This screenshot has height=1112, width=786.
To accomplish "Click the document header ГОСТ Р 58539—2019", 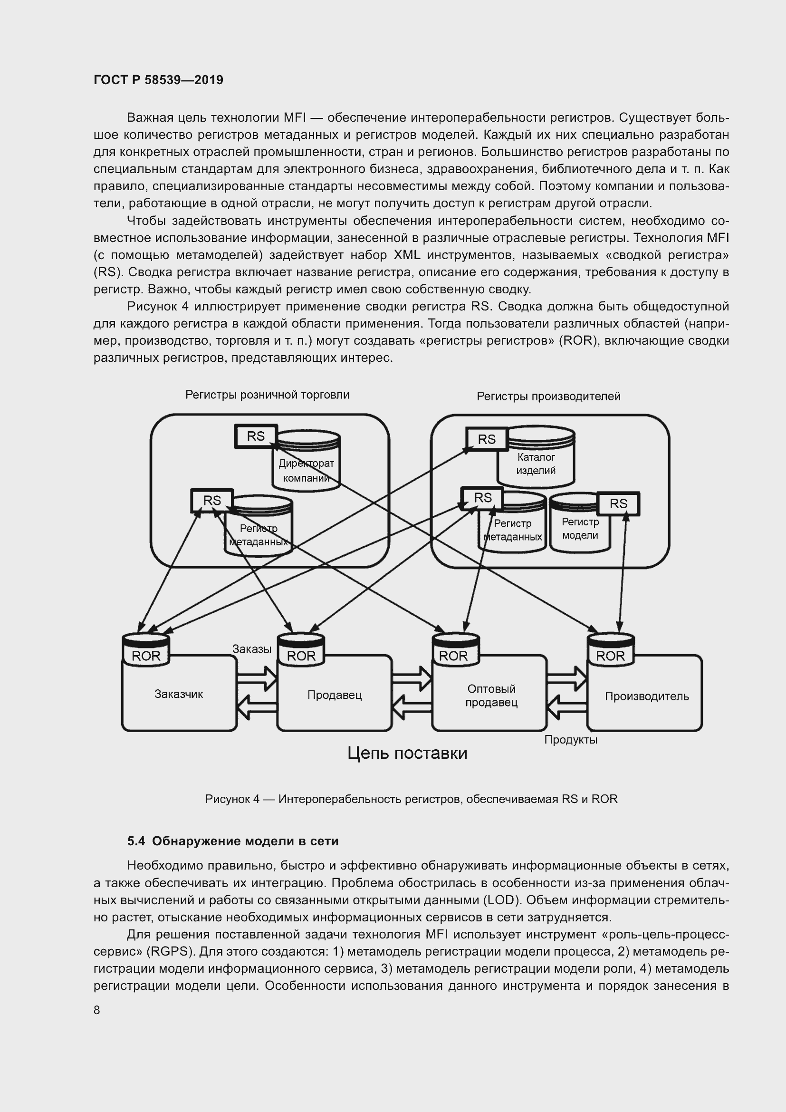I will click(x=158, y=80).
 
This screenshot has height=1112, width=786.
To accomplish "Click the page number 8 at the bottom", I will click(x=97, y=1010).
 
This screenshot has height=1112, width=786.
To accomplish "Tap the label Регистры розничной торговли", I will click(x=267, y=395).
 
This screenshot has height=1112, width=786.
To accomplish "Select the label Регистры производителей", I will click(x=548, y=396).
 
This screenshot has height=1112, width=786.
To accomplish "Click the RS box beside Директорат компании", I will click(x=256, y=436).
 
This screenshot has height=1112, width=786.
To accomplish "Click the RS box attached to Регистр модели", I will click(x=618, y=503).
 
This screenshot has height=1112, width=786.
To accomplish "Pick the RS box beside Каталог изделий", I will click(x=487, y=439).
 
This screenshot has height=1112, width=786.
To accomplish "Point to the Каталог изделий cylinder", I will click(x=536, y=464).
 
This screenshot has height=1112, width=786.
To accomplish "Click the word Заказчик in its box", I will click(x=179, y=694).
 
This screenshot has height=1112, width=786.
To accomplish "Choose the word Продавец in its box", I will click(x=335, y=695).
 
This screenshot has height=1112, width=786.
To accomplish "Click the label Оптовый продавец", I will click(x=491, y=696).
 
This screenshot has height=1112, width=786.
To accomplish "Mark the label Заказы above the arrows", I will click(x=252, y=649).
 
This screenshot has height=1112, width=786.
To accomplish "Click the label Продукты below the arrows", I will click(x=571, y=740).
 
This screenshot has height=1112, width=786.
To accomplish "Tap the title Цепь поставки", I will click(x=407, y=753).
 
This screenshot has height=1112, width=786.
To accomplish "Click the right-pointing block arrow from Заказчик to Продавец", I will click(x=257, y=678).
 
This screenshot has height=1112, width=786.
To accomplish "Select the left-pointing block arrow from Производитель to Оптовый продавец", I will click(x=566, y=708).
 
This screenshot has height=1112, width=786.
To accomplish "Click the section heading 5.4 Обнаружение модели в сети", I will click(x=233, y=841).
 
